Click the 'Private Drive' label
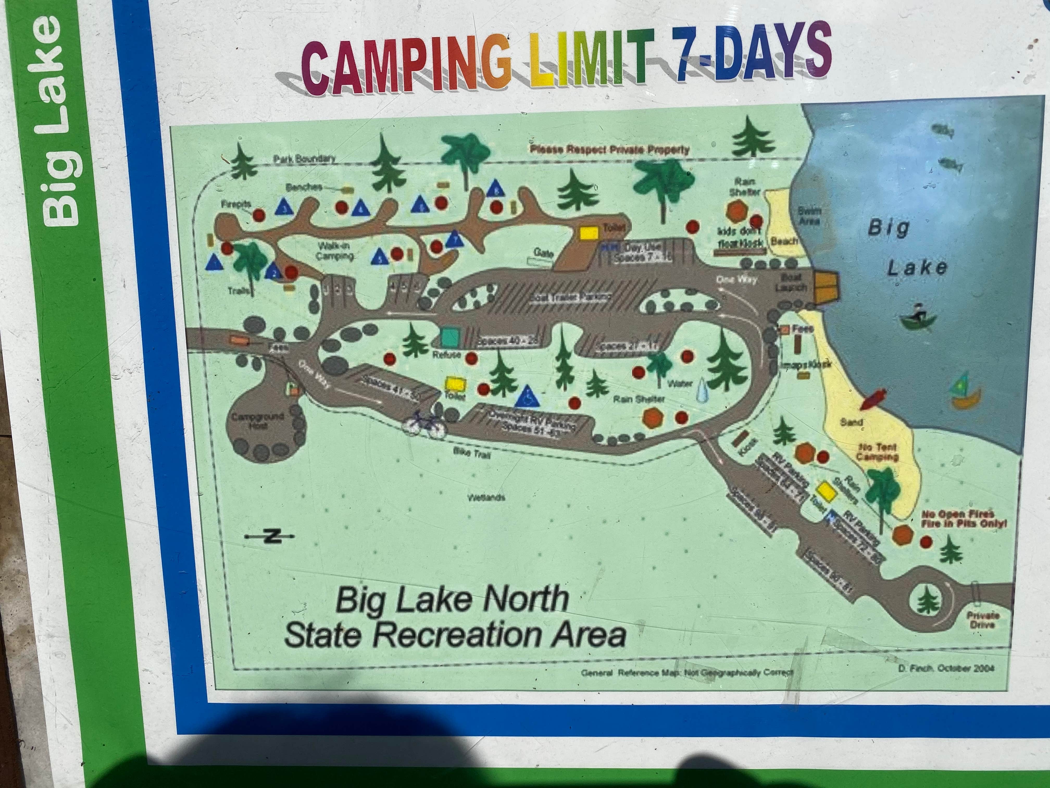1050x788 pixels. [983, 620]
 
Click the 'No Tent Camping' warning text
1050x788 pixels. [877, 452]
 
